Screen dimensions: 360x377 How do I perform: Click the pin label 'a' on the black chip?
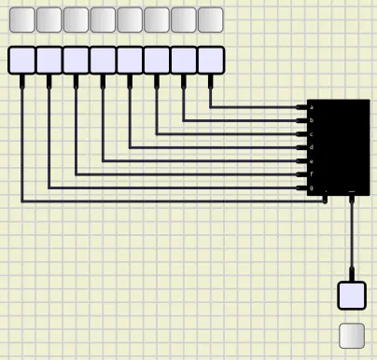click(311, 107)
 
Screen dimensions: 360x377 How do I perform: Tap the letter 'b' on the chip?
click(311, 120)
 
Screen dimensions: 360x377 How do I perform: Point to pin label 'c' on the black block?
click(311, 134)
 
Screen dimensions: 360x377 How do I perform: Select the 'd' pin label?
click(311, 147)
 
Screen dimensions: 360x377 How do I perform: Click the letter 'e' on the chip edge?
click(311, 161)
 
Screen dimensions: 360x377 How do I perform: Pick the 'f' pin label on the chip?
click(311, 174)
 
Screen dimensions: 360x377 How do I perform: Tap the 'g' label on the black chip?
click(311, 188)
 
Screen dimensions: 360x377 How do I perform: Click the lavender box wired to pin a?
click(211, 60)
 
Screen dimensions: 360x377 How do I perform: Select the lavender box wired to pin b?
click(184, 60)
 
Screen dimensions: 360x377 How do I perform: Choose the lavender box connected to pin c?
click(157, 60)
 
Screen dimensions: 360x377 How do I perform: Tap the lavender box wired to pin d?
click(130, 60)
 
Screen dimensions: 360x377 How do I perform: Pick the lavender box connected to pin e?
click(103, 60)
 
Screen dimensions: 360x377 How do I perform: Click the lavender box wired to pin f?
click(76, 60)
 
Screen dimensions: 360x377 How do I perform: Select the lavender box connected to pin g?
click(49, 60)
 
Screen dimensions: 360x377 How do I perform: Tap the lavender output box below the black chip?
click(352, 295)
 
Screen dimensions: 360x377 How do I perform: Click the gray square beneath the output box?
click(352, 335)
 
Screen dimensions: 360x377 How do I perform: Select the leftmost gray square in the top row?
click(21, 20)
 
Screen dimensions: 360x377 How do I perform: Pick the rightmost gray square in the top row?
click(211, 20)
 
